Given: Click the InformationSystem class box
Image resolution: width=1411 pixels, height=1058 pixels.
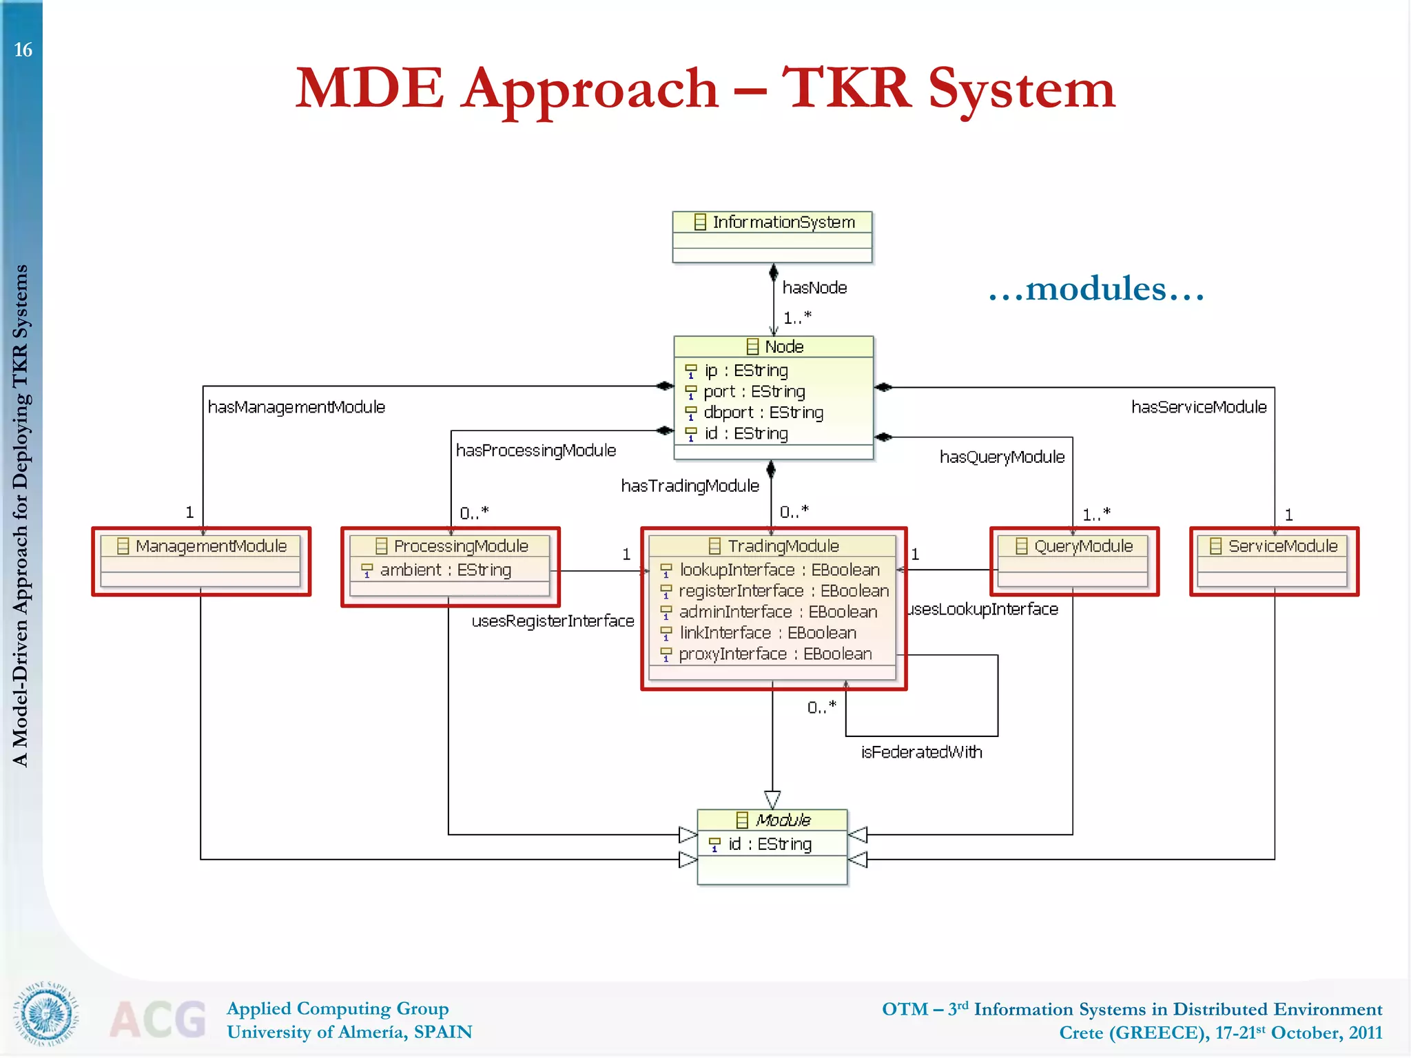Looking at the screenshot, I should point(772,236).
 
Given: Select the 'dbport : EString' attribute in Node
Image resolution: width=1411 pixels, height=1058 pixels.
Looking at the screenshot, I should point(763,413).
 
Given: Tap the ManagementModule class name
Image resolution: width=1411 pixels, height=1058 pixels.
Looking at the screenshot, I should point(210,546).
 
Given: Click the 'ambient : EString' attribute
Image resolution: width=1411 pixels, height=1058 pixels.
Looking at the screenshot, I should point(445,570).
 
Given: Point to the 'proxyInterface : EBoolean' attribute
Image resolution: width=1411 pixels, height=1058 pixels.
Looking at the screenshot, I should point(775,654).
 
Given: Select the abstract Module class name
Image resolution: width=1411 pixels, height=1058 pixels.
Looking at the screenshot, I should point(783,820).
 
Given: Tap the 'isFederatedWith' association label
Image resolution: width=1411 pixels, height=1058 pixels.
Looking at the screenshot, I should point(921,752).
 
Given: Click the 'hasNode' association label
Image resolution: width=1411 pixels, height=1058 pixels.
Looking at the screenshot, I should point(814,288).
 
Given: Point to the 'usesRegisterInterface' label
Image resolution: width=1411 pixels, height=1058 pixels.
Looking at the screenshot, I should point(553,621).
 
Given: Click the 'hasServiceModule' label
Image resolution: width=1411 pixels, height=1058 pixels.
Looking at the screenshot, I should point(1199,408).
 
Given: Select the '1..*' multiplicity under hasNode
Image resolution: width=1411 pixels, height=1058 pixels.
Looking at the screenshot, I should point(797,318).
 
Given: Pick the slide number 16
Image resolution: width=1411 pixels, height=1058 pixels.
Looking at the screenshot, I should point(23,50).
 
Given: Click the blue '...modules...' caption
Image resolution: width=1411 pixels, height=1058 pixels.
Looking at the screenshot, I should point(1096,289).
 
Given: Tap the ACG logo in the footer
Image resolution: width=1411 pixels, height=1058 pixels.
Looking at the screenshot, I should point(158,1019).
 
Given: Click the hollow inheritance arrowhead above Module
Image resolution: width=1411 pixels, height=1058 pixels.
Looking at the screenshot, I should point(772,799).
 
